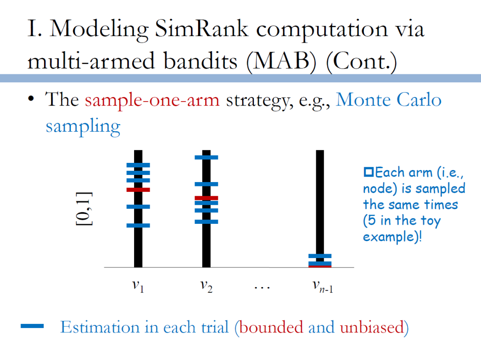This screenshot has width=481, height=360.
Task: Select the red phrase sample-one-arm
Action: click(152, 100)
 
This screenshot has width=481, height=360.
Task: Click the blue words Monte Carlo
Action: click(388, 100)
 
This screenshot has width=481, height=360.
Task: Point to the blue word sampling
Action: click(83, 126)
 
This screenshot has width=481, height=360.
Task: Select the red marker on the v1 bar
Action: click(138, 190)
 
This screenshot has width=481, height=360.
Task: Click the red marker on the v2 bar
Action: click(206, 198)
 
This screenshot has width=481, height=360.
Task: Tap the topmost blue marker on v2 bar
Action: click(206, 157)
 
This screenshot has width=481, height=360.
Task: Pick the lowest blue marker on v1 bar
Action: click(138, 225)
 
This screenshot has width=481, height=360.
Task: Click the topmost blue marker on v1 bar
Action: click(138, 165)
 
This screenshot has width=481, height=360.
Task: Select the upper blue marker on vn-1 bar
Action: click(320, 256)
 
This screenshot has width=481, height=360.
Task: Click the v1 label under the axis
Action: click(138, 286)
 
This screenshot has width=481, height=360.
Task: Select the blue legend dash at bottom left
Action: click(32, 326)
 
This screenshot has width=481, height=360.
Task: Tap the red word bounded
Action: click(271, 327)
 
